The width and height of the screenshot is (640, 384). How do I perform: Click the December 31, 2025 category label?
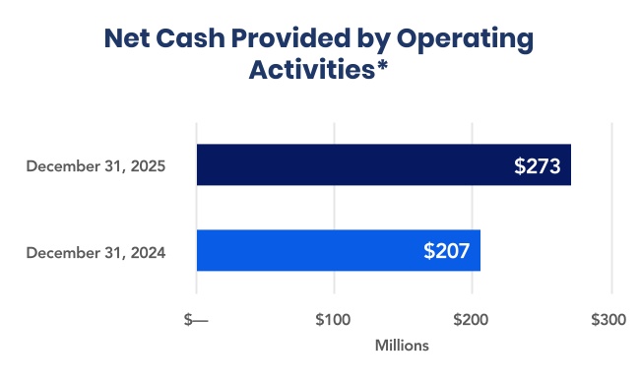96,166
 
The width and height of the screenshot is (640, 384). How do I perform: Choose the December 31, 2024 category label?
96,253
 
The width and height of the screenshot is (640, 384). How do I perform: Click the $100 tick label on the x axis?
334,321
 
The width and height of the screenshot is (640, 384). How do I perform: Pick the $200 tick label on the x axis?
472,321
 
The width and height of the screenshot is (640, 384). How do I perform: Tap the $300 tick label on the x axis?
608,321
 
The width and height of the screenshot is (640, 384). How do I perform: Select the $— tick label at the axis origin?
197,321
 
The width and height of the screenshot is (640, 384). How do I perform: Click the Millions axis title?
403,347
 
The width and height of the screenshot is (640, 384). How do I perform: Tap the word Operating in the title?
471,40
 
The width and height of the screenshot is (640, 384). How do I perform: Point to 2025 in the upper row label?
146,166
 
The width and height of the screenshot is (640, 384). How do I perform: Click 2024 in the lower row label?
146,253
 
